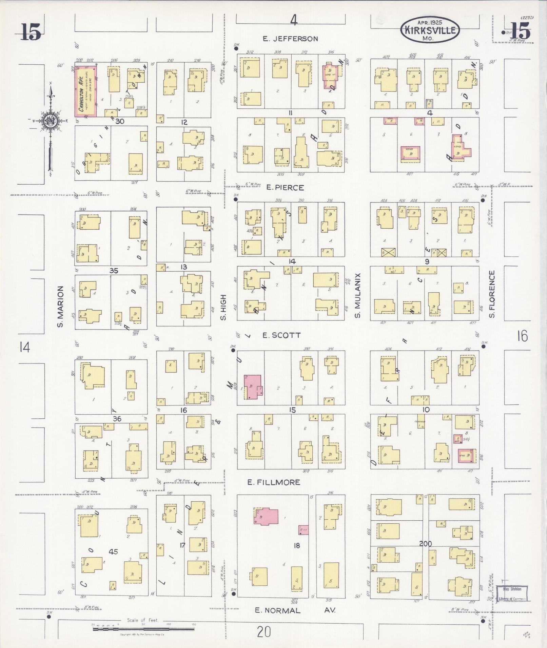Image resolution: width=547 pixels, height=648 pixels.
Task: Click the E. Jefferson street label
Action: pos(291,39)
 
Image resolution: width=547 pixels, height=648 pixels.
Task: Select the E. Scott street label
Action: pos(281,335)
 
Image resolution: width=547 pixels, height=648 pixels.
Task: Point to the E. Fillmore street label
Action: pos(274,482)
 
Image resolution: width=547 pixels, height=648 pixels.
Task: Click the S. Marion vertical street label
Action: pos(60,307)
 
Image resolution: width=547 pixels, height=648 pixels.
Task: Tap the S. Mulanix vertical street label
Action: pos(357,296)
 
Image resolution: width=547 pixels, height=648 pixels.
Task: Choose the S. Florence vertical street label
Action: pos(492,294)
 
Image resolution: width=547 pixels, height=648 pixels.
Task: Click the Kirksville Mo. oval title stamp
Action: pos(430,30)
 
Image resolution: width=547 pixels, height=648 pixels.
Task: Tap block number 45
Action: pos(113,551)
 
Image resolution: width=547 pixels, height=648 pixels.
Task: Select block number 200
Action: pos(425,543)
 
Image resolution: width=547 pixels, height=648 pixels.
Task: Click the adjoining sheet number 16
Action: pos(523,336)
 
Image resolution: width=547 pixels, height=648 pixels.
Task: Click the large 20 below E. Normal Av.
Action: pos(264,631)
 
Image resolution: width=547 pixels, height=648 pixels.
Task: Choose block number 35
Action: pos(114,271)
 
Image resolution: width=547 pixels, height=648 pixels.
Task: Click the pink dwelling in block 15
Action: pos(253,386)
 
